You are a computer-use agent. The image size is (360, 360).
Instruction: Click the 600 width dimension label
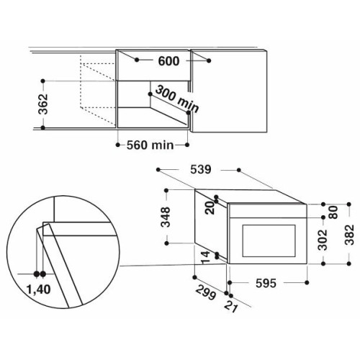tap(168, 61)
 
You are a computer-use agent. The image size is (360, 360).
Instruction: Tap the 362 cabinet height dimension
tap(44, 104)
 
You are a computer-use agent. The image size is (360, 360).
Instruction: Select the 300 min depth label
tap(177, 99)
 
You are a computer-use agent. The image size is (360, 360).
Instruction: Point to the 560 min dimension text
tap(150, 145)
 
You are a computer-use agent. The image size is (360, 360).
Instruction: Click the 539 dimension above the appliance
tap(201, 169)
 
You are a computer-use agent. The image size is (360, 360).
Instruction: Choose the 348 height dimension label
tap(166, 217)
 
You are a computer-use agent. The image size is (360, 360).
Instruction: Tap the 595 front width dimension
tap(266, 283)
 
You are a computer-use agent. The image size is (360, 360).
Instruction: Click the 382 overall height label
tap(349, 235)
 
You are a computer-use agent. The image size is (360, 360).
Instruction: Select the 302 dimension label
tap(323, 240)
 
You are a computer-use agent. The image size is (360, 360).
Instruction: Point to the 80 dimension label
tap(333, 212)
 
